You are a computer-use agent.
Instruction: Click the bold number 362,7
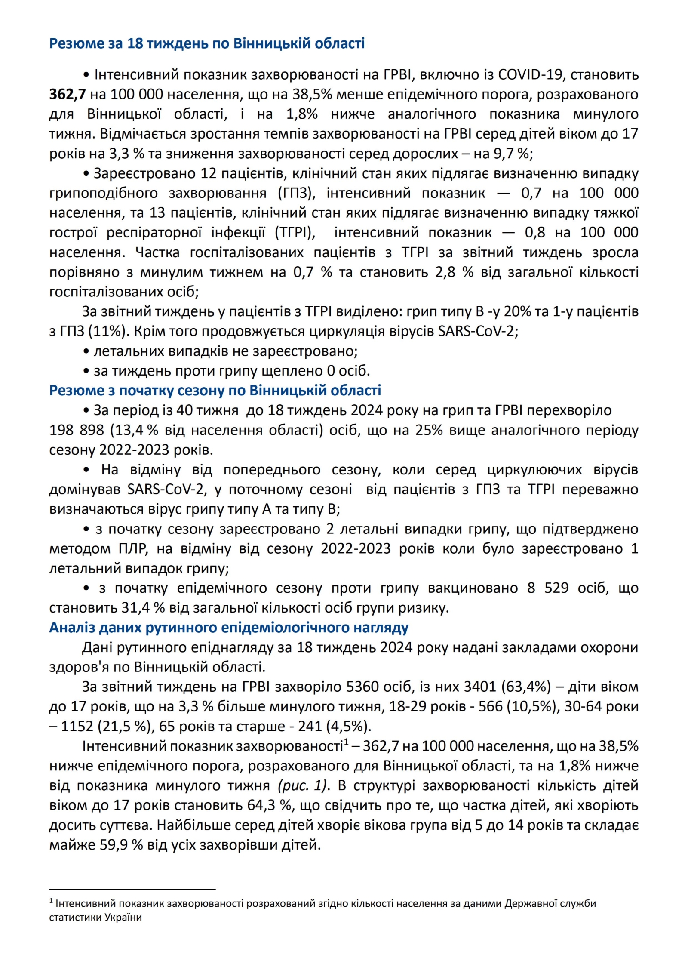pos(68,94)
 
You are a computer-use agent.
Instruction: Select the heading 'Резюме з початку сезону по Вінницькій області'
pos(215,390)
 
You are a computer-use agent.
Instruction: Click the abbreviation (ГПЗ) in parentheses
pos(297,193)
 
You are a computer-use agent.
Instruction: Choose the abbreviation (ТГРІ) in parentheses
pos(295,233)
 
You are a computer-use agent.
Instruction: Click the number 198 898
pos(77,430)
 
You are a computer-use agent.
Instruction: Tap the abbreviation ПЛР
pos(134,548)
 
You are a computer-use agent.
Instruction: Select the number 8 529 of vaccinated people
pos(547,588)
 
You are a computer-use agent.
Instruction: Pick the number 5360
pos(361,687)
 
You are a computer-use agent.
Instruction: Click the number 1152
pos(77,726)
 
